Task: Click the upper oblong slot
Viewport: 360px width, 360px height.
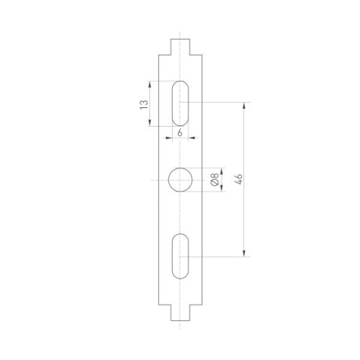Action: click(180, 104)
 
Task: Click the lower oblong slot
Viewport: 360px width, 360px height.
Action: click(180, 255)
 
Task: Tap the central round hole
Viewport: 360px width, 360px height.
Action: click(180, 179)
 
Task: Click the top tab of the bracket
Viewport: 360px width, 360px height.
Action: click(180, 45)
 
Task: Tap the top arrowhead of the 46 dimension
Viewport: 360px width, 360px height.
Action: click(246, 107)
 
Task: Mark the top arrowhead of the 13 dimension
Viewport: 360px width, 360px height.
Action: click(150, 84)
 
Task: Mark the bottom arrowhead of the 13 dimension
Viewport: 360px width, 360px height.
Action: click(150, 124)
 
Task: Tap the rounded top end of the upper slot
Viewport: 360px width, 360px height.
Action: click(180, 86)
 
